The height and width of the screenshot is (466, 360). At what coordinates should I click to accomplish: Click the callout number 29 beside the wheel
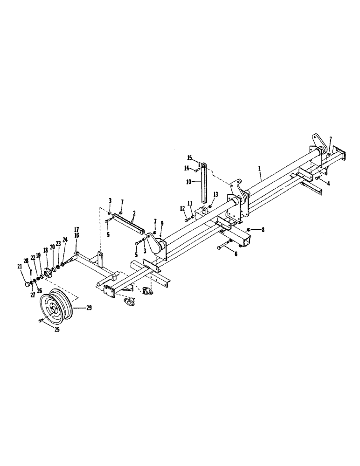tap(89, 308)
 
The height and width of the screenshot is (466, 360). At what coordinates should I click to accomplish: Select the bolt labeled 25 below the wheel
tap(41, 321)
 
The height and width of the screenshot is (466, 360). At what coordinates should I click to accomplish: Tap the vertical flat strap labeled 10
tap(204, 186)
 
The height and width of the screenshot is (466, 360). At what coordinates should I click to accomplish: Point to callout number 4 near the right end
tap(328, 184)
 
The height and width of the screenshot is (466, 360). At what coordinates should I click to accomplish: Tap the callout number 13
tap(215, 194)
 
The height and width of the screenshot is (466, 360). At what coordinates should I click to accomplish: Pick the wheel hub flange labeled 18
tap(47, 273)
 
